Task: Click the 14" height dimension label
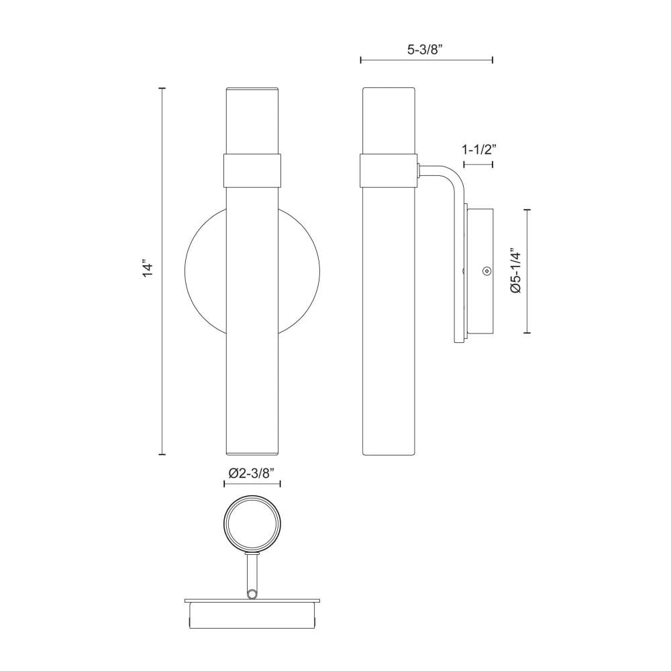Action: (147, 268)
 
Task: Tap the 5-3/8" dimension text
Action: (425, 50)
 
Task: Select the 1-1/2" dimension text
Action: (479, 150)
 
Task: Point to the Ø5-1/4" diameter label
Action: (516, 270)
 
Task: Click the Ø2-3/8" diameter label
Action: (252, 472)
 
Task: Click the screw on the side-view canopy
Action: (486, 270)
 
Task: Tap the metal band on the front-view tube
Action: (252, 170)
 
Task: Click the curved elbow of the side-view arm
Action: (454, 174)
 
